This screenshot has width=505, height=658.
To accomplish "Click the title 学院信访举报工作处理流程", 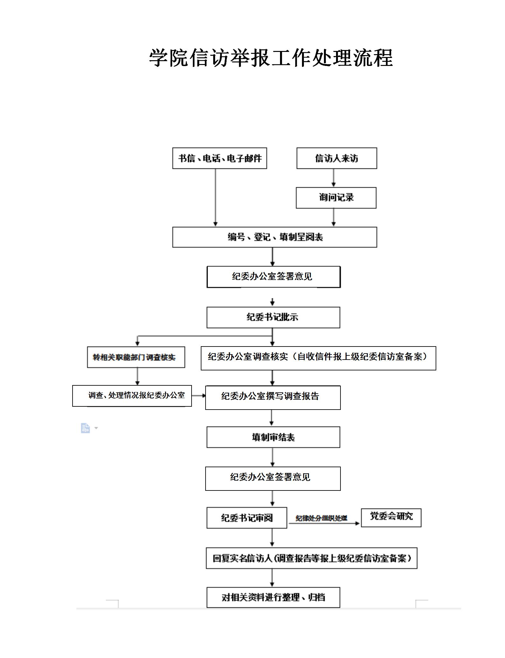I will click(x=271, y=58).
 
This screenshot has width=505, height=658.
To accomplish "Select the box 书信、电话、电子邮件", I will click(x=220, y=158).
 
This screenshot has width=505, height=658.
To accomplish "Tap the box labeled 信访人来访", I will click(x=337, y=158).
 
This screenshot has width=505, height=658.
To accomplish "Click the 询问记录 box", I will click(x=336, y=198).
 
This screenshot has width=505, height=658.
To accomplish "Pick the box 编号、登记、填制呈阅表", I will click(x=275, y=237).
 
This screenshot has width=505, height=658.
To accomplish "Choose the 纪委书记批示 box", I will click(x=273, y=317).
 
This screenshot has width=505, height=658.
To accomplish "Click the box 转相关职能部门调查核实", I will click(x=136, y=357).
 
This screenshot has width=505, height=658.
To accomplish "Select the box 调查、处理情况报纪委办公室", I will click(x=132, y=396).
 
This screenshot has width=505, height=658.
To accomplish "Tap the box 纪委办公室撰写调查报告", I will click(x=273, y=397).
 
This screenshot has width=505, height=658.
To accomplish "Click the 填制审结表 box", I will click(x=273, y=437).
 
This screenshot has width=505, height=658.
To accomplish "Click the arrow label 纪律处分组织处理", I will click(x=321, y=518).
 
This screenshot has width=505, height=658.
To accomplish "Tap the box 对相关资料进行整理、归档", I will click(x=273, y=597).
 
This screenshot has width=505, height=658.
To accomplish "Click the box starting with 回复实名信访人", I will click(x=311, y=558).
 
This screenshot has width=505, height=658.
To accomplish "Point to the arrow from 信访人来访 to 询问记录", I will click(x=333, y=178).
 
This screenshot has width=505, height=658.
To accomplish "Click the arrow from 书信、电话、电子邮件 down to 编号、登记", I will click(x=215, y=197).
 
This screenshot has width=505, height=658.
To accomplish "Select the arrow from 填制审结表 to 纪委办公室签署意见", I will click(x=272, y=457).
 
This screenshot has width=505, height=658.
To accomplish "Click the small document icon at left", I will click(x=85, y=428).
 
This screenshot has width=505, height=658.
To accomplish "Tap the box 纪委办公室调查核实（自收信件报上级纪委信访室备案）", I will click(x=318, y=358).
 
